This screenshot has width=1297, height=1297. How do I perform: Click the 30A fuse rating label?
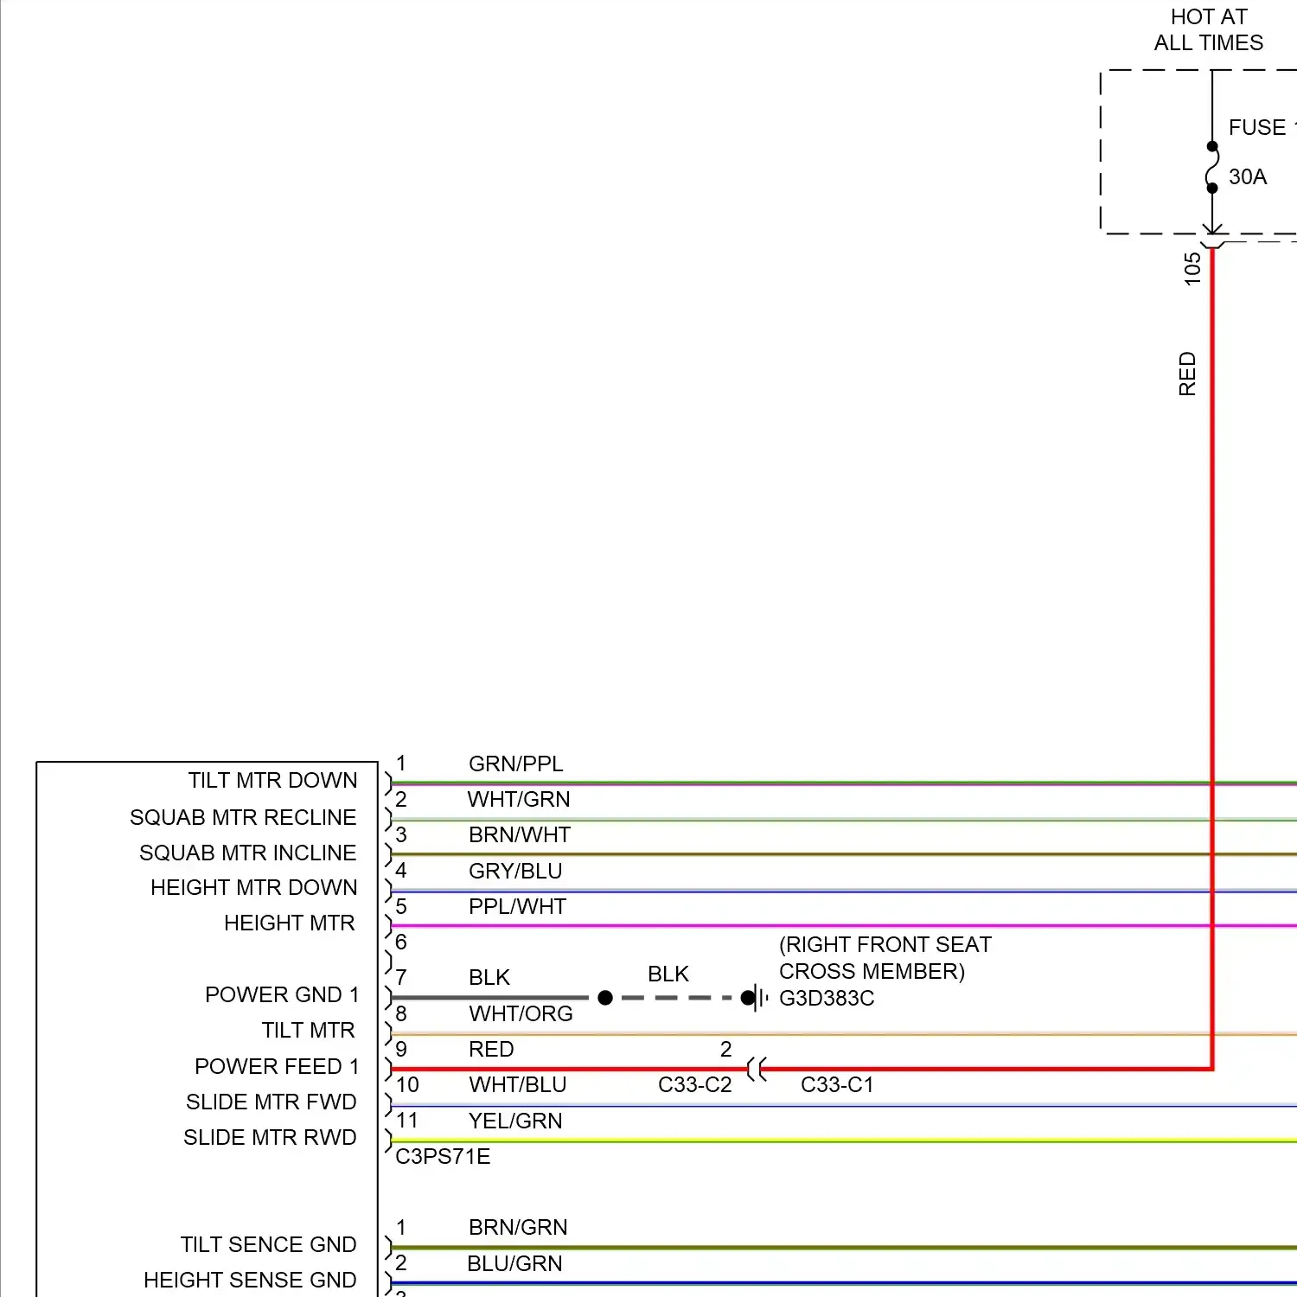[1247, 177]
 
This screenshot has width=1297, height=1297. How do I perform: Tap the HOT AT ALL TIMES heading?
[1208, 30]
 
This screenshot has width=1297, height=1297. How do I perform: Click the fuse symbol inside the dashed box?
[1212, 167]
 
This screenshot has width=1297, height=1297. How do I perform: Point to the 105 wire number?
[1192, 269]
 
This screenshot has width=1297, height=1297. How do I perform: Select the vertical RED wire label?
[1187, 374]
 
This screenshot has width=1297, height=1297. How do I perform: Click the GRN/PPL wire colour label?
[515, 764]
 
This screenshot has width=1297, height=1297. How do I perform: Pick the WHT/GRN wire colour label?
[519, 800]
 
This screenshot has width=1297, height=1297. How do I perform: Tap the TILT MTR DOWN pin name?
[272, 781]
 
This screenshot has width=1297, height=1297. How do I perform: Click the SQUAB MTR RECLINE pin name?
[243, 818]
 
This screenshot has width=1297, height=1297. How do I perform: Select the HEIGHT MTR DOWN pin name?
[253, 888]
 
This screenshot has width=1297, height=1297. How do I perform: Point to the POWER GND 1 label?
[282, 995]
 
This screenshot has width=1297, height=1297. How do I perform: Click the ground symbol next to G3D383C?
[757, 998]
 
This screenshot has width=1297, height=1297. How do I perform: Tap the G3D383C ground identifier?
[827, 999]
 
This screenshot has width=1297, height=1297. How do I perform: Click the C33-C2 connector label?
[694, 1085]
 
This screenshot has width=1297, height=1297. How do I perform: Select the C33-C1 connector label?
[837, 1085]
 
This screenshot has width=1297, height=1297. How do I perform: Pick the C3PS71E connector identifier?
[443, 1157]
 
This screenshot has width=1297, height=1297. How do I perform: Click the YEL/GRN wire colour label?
[515, 1121]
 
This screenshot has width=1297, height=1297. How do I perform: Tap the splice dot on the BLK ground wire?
[605, 998]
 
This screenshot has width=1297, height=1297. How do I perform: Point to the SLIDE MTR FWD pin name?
[271, 1102]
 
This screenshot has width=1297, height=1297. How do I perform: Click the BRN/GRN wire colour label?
[518, 1228]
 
